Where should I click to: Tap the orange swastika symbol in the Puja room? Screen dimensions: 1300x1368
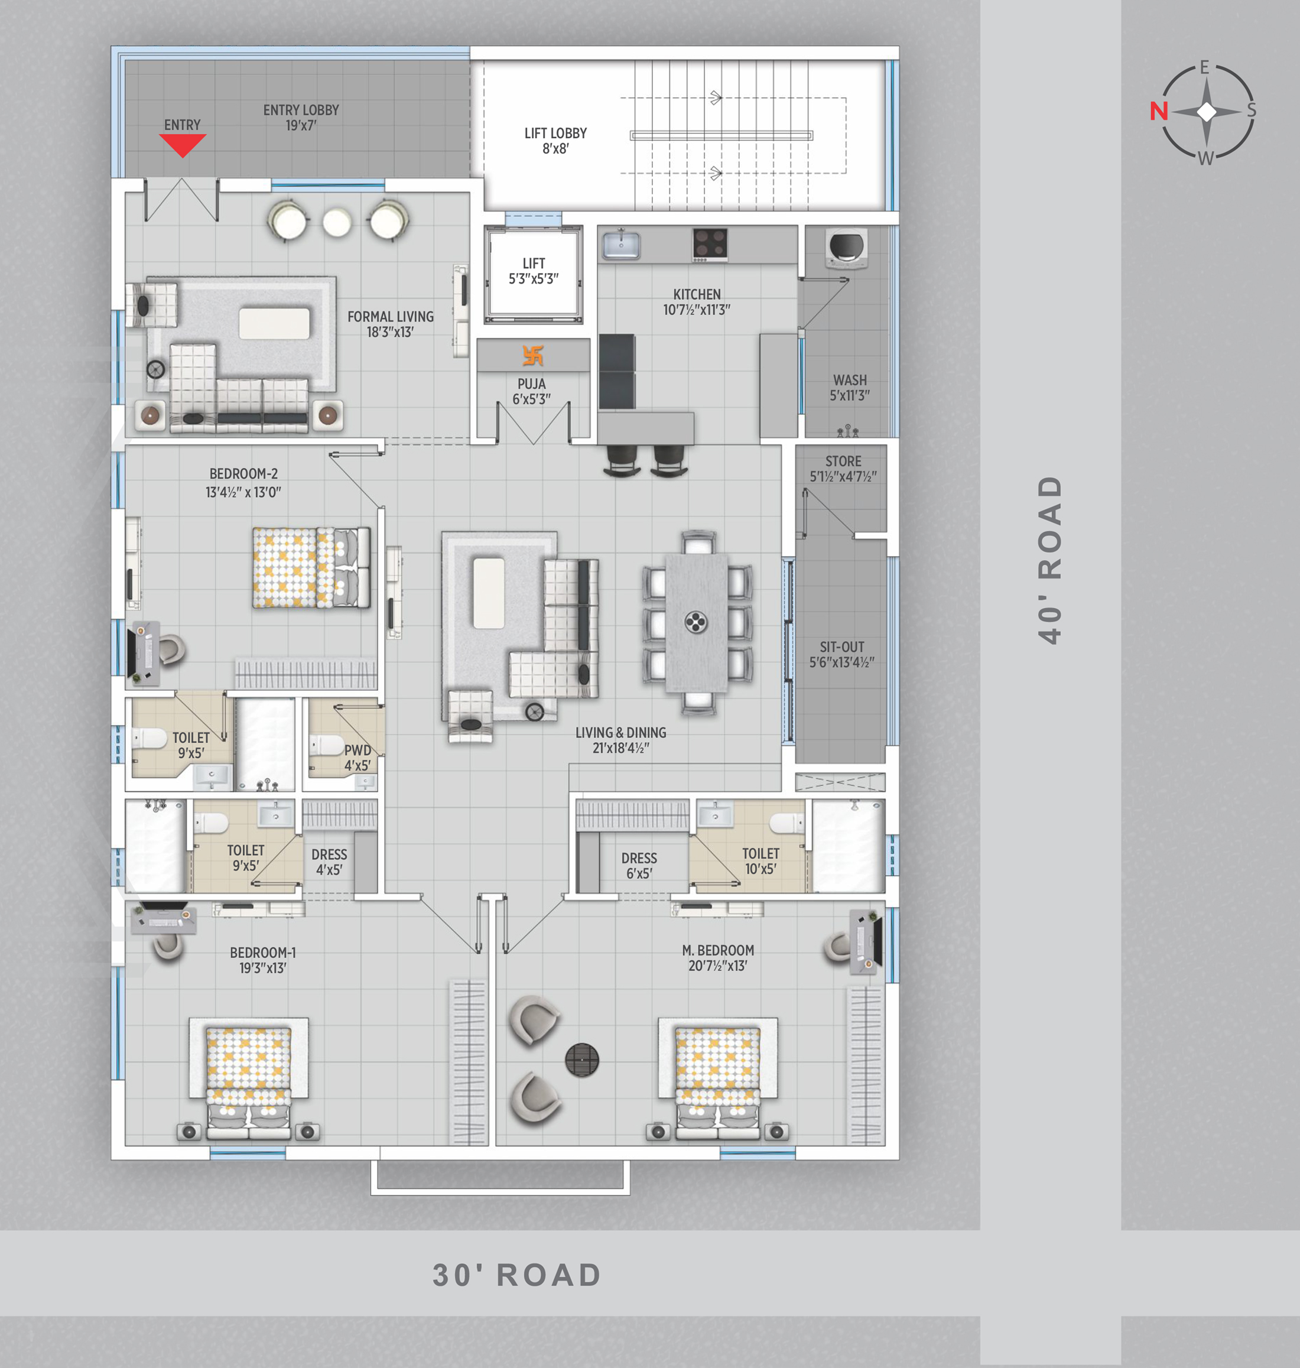coord(533,356)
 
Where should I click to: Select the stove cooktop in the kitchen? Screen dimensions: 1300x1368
coord(710,245)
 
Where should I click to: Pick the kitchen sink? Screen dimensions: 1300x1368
coord(621,245)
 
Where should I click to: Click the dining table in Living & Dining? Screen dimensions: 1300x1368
coord(697,622)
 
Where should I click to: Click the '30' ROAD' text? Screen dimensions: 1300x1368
coord(517,1275)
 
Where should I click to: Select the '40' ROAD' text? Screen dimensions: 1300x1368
coord(1051,560)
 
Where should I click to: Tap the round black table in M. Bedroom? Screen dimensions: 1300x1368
coord(582,1060)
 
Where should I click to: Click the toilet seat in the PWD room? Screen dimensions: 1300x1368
coord(326,745)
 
